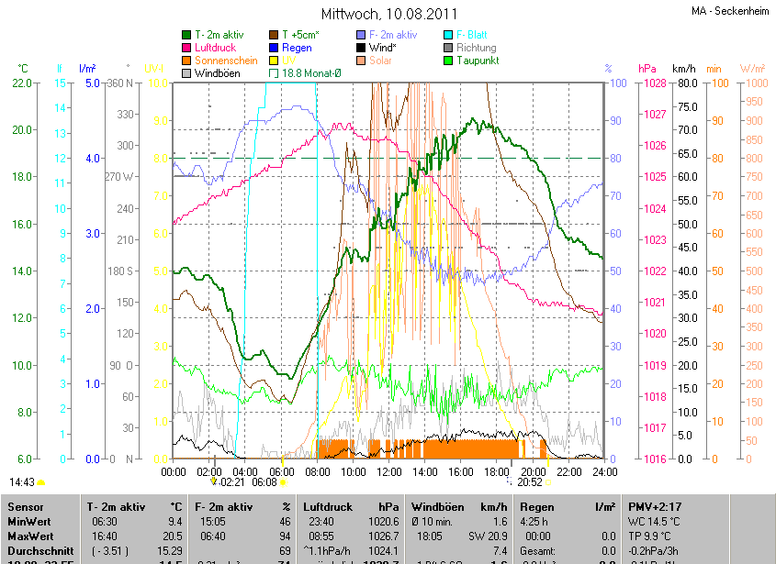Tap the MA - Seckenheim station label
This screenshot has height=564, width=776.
730,11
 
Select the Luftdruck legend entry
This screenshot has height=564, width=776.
216,48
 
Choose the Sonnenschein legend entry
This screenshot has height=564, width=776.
226,60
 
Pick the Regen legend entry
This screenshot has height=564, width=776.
297,48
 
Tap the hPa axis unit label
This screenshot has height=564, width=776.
647,69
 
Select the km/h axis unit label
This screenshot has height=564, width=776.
684,69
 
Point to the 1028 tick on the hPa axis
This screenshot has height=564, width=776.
654,83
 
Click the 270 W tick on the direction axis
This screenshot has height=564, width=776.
120,177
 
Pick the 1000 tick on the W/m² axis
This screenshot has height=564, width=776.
753,83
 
